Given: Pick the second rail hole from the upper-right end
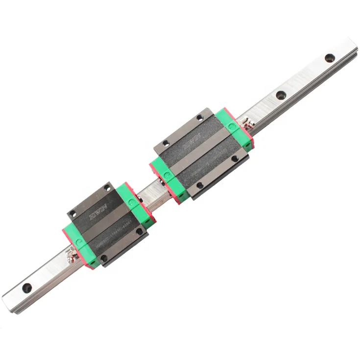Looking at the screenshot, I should (x=281, y=95).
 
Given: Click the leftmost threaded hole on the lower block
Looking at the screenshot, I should (x=73, y=213).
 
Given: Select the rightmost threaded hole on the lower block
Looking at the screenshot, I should (x=139, y=231).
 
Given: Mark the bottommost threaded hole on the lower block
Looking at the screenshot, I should (x=103, y=258).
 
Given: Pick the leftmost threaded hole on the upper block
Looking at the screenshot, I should (x=165, y=143).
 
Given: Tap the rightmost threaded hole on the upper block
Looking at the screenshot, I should (x=234, y=159).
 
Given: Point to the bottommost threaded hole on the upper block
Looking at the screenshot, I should (x=199, y=185).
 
